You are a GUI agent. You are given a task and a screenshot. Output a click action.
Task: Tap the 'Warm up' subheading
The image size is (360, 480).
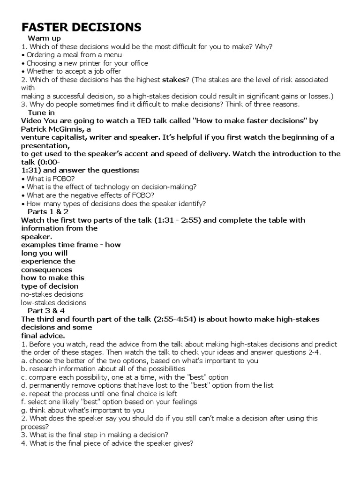[44, 38]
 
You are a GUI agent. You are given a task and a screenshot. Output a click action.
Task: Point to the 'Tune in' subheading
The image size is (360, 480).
[41, 112]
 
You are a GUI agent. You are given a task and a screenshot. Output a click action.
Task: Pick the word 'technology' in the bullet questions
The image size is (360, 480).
[105, 187]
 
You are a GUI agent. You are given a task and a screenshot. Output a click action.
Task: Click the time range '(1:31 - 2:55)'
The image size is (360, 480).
[178, 220]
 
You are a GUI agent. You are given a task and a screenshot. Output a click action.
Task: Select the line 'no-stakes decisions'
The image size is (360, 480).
[52, 294]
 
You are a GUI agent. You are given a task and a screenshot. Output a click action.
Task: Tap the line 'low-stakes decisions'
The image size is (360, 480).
[54, 303]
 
